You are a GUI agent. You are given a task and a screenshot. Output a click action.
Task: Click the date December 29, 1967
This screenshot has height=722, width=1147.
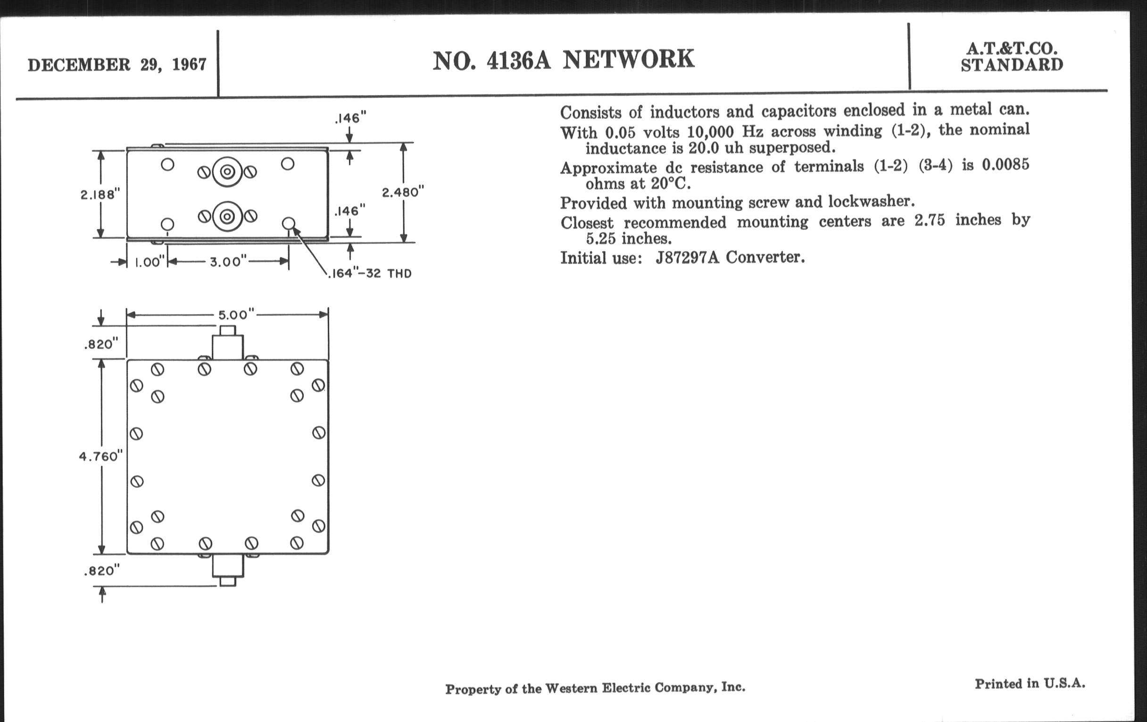point(117,65)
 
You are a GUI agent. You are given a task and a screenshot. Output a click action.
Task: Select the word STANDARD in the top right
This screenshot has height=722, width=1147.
point(1012,65)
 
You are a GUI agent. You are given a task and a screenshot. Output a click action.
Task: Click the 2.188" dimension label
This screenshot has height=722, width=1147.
point(100,194)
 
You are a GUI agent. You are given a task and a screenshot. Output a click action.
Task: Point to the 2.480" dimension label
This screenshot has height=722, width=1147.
point(402,192)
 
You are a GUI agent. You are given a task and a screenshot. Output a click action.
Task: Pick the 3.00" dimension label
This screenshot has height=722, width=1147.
point(228,261)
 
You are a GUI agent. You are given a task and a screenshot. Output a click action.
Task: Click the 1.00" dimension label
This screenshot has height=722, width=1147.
point(149,262)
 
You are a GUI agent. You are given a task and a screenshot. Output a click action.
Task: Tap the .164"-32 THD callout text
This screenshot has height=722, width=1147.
point(370,274)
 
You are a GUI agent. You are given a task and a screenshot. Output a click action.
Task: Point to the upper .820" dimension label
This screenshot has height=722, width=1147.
point(101,344)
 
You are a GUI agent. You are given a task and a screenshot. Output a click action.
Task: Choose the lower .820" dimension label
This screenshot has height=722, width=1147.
point(101,571)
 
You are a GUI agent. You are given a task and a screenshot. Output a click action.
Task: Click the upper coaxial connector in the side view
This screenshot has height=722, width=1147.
point(227,172)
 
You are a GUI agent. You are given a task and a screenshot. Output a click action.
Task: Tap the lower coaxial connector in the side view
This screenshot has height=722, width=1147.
point(227,216)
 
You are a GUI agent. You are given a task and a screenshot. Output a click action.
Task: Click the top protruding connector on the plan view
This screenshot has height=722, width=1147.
point(228,344)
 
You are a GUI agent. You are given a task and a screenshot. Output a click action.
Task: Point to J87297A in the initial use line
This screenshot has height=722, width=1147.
point(687,258)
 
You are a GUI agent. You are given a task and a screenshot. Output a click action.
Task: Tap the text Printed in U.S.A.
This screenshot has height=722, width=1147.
point(1030,684)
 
